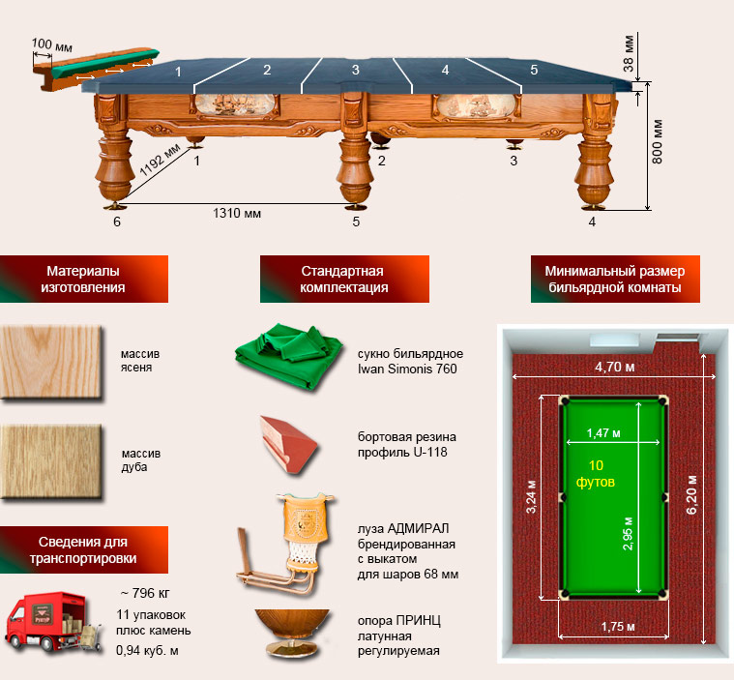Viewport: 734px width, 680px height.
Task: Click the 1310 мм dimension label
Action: click(237, 214)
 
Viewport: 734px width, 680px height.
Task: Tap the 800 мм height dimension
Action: click(658, 141)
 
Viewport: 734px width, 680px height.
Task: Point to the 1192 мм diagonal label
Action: click(160, 160)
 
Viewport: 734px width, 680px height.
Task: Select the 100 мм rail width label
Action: click(52, 44)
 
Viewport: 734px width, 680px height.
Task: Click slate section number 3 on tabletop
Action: click(356, 70)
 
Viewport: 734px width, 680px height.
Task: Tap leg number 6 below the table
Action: click(117, 222)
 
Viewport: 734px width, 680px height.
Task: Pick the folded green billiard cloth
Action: click(289, 356)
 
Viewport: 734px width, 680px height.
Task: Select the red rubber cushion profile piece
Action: click(289, 444)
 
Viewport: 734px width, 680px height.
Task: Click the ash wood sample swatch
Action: click(51, 363)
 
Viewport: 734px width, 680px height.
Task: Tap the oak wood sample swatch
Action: click(51, 461)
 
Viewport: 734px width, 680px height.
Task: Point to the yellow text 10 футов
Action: click(596, 473)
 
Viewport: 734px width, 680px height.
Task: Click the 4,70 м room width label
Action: click(615, 367)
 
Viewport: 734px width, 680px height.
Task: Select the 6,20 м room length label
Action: click(691, 494)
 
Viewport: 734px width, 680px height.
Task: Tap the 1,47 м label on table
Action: click(603, 433)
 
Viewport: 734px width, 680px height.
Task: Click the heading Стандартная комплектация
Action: click(344, 280)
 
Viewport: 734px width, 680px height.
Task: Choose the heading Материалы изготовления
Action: click(83, 280)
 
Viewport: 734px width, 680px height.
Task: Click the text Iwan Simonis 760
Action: click(407, 370)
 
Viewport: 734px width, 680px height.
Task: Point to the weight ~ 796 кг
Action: click(145, 593)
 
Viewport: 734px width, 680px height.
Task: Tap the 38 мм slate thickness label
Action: click(629, 52)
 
